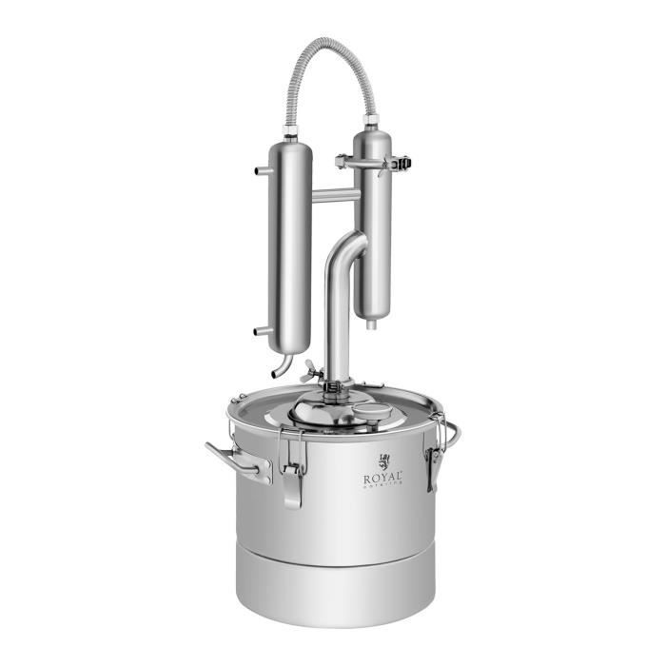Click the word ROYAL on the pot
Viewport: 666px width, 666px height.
click(x=382, y=477)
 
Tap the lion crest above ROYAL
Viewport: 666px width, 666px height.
click(x=383, y=459)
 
